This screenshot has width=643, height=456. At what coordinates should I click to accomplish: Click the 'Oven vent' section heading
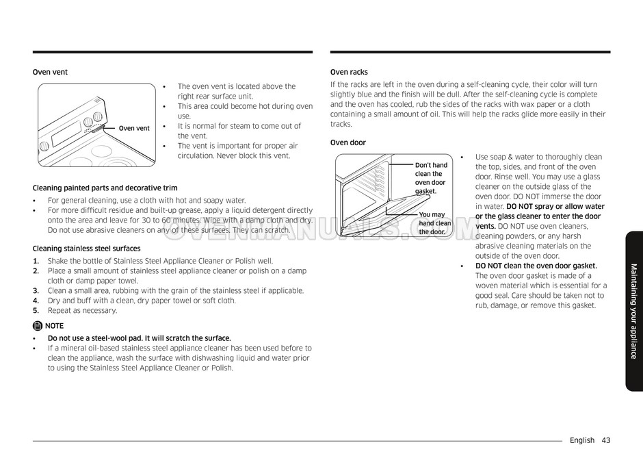[x=50, y=72]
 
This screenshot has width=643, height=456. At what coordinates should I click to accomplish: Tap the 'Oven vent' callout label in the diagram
[x=133, y=128]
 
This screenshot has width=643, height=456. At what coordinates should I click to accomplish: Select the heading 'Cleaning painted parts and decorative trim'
[x=105, y=188]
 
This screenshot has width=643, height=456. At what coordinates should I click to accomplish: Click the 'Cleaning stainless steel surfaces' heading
[x=86, y=249]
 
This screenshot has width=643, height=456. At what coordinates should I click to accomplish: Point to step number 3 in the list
[x=36, y=290]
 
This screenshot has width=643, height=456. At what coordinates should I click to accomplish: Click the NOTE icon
[x=37, y=326]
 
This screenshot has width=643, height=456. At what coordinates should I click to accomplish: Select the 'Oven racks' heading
[x=349, y=72]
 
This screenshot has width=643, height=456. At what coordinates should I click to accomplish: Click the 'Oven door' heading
[x=347, y=142]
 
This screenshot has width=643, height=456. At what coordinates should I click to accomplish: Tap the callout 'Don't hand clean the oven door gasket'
[x=431, y=178]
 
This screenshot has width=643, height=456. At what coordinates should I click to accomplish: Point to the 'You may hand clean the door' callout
[x=435, y=223]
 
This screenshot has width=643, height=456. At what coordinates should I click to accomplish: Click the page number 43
[x=606, y=440]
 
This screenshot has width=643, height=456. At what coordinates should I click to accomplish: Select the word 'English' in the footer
[x=581, y=440]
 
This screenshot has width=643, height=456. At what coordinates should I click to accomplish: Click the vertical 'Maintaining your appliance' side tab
[x=633, y=311]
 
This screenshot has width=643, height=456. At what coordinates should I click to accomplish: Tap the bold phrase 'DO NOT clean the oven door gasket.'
[x=536, y=266]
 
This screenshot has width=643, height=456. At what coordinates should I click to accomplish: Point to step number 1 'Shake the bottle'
[x=36, y=261]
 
